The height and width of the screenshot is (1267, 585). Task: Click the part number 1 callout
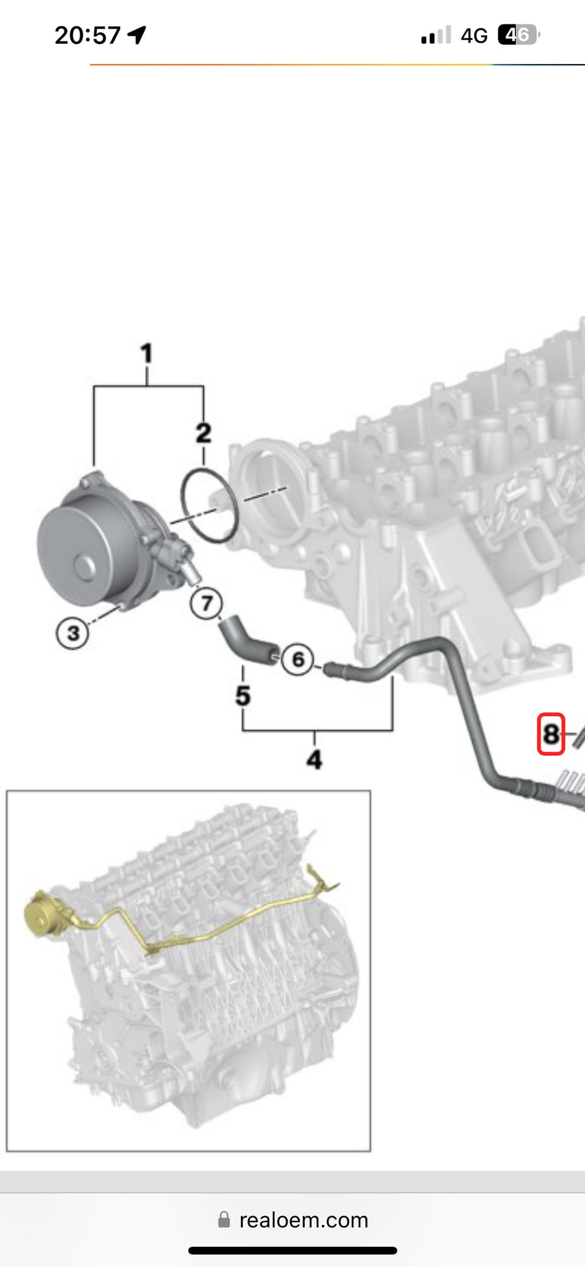click(146, 353)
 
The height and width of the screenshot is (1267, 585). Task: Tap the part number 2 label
click(204, 433)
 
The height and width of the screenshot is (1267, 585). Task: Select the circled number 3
click(73, 633)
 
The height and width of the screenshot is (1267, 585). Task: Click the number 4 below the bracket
click(314, 759)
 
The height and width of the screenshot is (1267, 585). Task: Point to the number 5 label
click(243, 695)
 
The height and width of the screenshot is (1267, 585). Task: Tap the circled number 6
click(298, 659)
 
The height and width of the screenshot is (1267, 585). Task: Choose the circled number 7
click(207, 603)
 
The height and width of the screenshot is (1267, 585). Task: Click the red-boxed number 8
click(551, 734)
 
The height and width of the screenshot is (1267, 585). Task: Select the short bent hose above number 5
click(247, 641)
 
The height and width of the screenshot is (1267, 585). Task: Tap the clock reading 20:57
click(88, 35)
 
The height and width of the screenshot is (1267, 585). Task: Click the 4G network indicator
click(474, 36)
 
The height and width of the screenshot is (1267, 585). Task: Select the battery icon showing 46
click(519, 35)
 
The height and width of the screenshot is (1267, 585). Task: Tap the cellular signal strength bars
click(436, 35)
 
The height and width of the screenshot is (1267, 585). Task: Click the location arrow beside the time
click(137, 35)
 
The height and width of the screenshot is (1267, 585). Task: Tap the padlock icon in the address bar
click(224, 1219)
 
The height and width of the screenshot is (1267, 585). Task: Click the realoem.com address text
click(304, 1220)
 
